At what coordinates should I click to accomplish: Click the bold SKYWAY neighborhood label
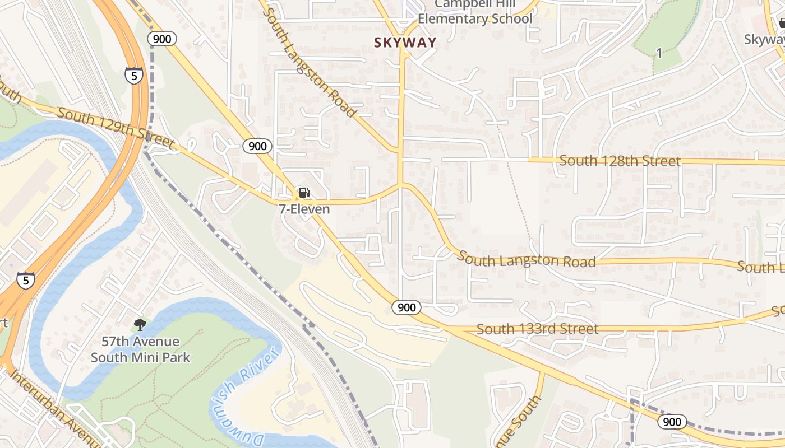pyautogui.click(x=405, y=42)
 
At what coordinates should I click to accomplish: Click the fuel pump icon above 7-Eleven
pyautogui.click(x=303, y=193)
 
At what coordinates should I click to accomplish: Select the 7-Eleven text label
pyautogui.click(x=304, y=209)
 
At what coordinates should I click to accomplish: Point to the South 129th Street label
pyautogui.click(x=115, y=128)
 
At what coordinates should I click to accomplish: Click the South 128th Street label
pyautogui.click(x=620, y=161)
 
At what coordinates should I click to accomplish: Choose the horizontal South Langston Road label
pyautogui.click(x=527, y=260)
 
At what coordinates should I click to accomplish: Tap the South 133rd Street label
pyautogui.click(x=537, y=329)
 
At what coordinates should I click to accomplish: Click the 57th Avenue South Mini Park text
pyautogui.click(x=140, y=349)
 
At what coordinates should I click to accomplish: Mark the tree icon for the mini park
pyautogui.click(x=140, y=324)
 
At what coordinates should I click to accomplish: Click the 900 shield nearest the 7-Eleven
pyautogui.click(x=257, y=147)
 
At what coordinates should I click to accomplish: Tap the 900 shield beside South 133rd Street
pyautogui.click(x=406, y=307)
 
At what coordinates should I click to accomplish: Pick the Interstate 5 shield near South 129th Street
pyautogui.click(x=134, y=76)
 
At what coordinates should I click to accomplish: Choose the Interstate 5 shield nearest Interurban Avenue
pyautogui.click(x=25, y=281)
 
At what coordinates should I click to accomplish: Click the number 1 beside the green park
pyautogui.click(x=659, y=54)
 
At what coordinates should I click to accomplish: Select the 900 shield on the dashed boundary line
pyautogui.click(x=672, y=422)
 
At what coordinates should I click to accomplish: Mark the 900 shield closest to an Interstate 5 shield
pyautogui.click(x=162, y=39)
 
